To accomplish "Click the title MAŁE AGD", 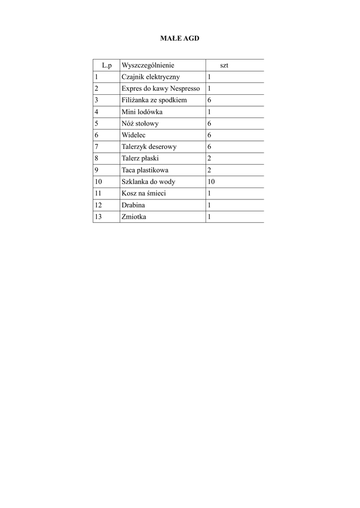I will [179, 38].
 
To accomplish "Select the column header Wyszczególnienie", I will [148, 65].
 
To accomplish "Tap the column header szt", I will [224, 65].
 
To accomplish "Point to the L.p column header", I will [107, 65].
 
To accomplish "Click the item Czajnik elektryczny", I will [150, 77].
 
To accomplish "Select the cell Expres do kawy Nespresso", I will [160, 88].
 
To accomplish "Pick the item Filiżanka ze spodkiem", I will [154, 100].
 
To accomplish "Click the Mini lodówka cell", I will [142, 112].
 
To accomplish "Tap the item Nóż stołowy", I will [140, 124].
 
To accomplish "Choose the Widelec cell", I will [133, 135].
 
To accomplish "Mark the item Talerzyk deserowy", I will [148, 147].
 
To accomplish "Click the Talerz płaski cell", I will [140, 158].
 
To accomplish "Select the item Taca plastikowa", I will [145, 170].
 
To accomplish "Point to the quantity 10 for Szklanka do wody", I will [211, 182].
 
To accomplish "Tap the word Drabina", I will [134, 205].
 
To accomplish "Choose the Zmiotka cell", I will [134, 217].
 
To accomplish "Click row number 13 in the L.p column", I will [98, 217].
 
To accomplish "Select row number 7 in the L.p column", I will [96, 147].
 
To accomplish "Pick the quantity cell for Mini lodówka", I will [210, 112].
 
